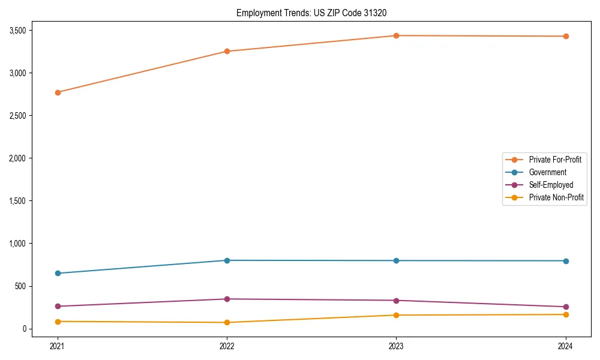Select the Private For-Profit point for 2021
click(58, 92)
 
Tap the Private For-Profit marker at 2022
click(227, 51)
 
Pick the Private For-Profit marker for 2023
click(396, 35)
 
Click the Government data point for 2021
click(58, 273)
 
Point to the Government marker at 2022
click(227, 260)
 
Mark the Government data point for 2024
click(566, 261)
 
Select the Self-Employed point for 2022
click(227, 299)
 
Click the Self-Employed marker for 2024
click(566, 307)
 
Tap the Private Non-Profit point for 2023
click(396, 315)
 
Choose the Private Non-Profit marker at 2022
click(227, 322)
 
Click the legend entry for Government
click(547, 172)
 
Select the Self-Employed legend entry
click(551, 185)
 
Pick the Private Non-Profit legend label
click(556, 197)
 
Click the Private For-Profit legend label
click(555, 160)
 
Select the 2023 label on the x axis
click(396, 346)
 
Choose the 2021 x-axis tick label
click(58, 346)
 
